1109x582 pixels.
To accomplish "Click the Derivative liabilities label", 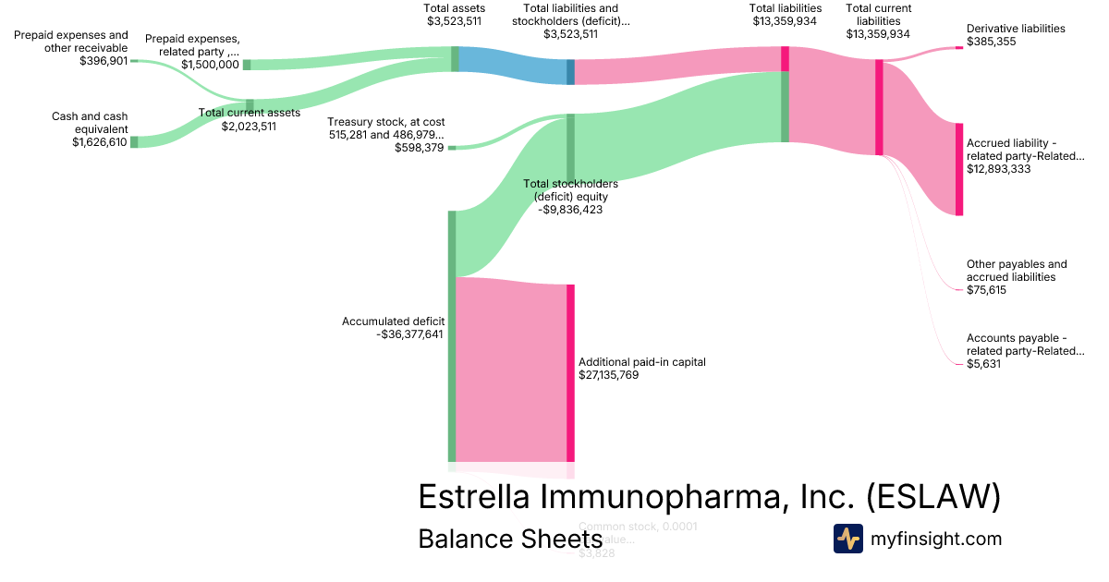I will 1016,29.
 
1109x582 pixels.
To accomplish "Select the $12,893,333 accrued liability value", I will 998,169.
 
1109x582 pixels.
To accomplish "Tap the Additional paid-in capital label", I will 641,362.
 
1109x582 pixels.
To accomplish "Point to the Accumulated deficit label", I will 393,321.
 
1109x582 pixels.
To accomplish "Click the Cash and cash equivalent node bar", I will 134,142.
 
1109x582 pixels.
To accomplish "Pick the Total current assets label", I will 249,113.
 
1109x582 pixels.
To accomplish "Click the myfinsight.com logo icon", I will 847,539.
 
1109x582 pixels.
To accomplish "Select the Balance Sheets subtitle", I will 510,539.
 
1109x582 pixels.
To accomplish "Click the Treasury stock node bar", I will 452,147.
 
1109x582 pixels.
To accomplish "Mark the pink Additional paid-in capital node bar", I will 570,372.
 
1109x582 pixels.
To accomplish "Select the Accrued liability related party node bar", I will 958,169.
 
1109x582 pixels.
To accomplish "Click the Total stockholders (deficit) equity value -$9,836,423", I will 570,210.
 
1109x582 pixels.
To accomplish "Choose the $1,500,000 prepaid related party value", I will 210,65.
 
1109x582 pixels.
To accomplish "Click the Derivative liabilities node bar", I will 958,47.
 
